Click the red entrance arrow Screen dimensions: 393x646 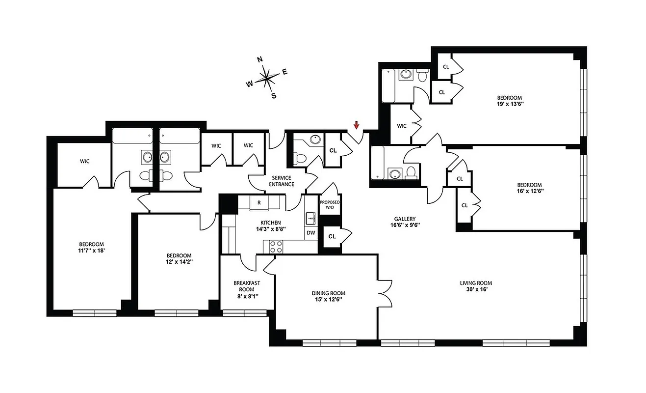tap(357, 126)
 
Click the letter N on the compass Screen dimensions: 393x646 tap(260, 60)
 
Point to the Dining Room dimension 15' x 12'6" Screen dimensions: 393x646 tap(328, 300)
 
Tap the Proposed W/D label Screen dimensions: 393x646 tap(330, 205)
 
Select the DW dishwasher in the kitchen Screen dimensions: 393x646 tap(310, 233)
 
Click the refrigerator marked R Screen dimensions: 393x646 tap(258, 202)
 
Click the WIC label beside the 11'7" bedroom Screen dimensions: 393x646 tap(84, 161)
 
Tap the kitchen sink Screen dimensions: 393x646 tap(310, 217)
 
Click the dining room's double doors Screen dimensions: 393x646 tap(382, 296)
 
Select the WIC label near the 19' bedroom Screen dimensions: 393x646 tap(402, 126)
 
